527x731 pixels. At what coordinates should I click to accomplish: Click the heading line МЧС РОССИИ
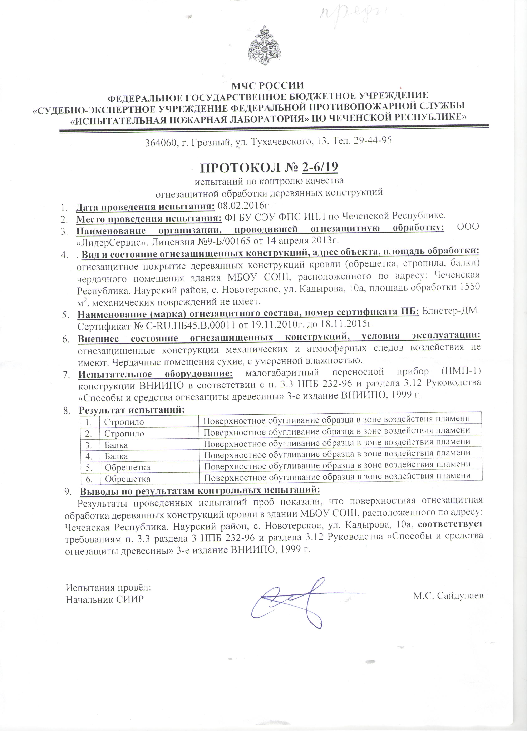(268, 85)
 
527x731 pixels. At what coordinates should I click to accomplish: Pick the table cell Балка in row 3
(116, 445)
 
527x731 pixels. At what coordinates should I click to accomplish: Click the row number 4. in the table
(89, 456)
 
